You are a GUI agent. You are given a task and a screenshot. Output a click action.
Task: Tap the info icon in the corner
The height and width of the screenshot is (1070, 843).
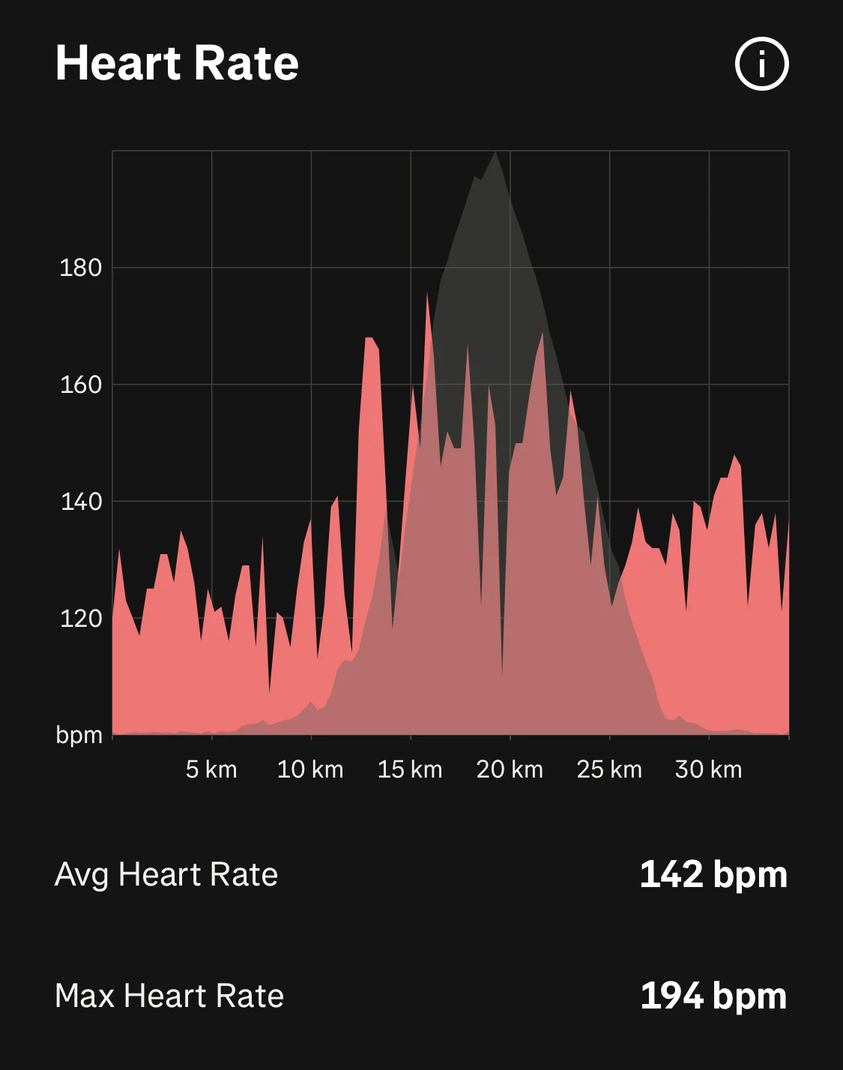click(761, 64)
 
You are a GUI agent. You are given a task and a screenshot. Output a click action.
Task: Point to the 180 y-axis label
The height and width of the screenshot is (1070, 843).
click(80, 268)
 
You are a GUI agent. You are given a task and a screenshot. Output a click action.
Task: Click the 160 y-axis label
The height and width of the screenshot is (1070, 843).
click(80, 385)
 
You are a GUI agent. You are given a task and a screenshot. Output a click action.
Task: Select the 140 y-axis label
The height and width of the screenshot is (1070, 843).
click(80, 502)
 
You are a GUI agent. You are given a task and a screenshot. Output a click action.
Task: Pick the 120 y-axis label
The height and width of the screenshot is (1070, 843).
click(80, 619)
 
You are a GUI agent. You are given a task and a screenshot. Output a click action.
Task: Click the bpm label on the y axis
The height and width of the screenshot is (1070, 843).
click(79, 735)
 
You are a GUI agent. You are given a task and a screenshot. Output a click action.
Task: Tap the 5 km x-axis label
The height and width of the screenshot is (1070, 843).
click(211, 769)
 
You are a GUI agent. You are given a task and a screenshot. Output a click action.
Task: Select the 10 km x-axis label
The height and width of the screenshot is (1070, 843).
click(310, 769)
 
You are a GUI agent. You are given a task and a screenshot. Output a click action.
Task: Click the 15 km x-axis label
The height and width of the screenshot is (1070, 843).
click(410, 769)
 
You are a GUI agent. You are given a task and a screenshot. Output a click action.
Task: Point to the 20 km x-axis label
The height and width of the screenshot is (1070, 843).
click(510, 769)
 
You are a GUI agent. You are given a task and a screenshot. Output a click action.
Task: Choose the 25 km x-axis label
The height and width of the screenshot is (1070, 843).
click(609, 769)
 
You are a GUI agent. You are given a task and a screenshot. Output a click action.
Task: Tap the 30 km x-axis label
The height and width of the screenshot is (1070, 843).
click(708, 769)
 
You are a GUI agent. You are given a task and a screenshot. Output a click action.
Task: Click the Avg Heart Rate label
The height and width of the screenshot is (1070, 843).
click(166, 875)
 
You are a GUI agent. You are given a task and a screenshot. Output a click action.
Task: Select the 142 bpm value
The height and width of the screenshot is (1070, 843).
click(713, 875)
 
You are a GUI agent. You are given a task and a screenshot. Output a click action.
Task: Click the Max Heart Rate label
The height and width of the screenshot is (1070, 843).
click(169, 997)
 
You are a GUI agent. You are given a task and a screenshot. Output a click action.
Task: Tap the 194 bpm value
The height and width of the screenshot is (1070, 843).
click(713, 997)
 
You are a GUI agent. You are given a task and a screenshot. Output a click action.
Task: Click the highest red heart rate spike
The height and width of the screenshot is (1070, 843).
click(428, 293)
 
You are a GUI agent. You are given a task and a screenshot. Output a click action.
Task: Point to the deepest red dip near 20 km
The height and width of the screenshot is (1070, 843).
click(502, 673)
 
